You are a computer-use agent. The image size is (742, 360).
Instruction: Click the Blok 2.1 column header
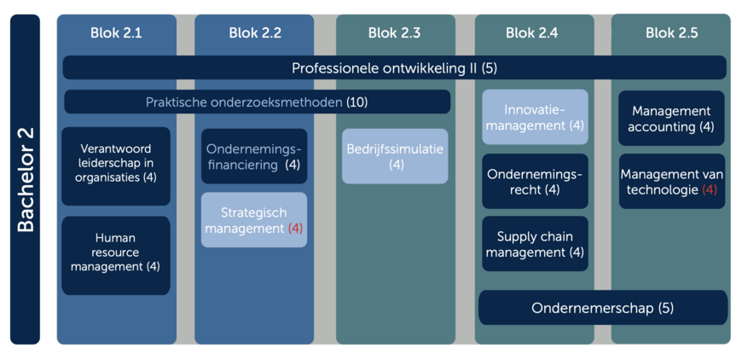pos(116,33)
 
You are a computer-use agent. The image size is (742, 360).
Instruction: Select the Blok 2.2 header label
pos(255,33)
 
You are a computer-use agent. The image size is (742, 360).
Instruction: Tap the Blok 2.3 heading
pos(394,33)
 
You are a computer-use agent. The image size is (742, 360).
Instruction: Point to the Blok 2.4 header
pos(532,33)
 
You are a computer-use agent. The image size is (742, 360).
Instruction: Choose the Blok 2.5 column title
pos(671,33)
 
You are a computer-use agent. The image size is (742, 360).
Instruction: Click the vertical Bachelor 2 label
pos(25,179)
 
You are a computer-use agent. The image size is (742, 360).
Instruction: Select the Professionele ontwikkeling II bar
pos(394,67)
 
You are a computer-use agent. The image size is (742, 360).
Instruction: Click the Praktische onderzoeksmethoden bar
pos(257,102)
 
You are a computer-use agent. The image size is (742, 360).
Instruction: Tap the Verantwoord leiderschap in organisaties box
pos(116,166)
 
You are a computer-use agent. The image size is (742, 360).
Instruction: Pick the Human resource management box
pos(116,255)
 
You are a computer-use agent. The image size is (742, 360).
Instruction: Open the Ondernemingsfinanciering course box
pos(254,156)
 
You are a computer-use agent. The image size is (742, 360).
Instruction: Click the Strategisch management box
pos(254,220)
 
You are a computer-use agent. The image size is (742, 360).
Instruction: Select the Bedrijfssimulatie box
pos(395,156)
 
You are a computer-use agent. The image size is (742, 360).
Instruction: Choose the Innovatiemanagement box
pos(536,118)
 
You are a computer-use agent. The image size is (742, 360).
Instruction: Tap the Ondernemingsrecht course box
pos(536,181)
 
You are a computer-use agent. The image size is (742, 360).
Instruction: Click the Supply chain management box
pos(536,244)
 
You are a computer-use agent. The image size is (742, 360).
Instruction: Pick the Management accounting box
pos(671,119)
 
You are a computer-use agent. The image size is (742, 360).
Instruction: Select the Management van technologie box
pos(671,181)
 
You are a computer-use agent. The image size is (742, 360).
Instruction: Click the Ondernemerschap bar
pos(603,307)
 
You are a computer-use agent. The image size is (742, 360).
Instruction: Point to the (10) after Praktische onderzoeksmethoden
pos(357,102)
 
